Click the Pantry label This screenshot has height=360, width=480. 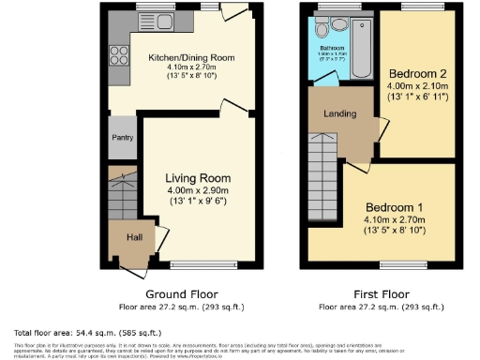[x=122, y=138]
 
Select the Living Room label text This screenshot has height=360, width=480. [x=198, y=178]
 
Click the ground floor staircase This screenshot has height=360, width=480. [x=121, y=192]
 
